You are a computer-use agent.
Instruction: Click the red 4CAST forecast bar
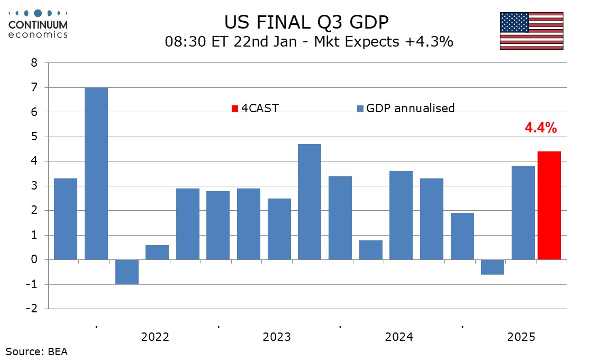pos(549,205)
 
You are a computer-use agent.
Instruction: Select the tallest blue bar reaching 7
pos(96,174)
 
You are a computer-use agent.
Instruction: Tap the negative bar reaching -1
pos(127,272)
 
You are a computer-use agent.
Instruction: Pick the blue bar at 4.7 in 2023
pos(310,202)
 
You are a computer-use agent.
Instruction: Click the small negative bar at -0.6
pos(493,267)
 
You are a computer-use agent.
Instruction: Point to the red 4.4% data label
pos(540,127)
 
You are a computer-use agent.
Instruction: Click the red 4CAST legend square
pos(235,109)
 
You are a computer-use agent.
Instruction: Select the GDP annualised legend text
pos(410,109)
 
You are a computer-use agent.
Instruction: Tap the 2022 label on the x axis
pos(155,337)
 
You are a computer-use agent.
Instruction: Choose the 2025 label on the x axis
pos(521,337)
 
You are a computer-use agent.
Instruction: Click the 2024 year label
pos(399,337)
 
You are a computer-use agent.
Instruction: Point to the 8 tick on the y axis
pos(34,63)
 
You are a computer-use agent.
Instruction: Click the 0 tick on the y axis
pos(34,259)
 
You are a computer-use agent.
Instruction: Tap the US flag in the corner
pos(531,31)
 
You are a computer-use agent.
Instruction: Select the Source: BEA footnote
pos(37,351)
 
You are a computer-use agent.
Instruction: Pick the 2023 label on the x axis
pos(277,337)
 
